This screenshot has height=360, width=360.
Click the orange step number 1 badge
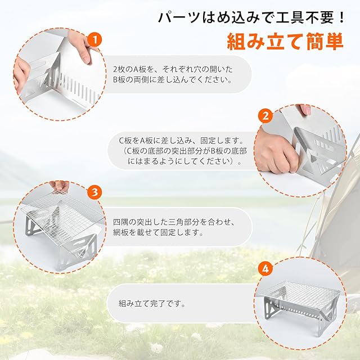point(94,40)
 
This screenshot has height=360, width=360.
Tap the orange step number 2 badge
point(265,116)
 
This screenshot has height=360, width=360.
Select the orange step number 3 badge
point(94,192)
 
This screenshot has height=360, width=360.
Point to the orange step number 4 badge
point(265,269)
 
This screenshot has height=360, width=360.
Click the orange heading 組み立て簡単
point(285,42)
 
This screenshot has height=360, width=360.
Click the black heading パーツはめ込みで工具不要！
point(251,17)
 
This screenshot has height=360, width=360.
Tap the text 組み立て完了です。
point(152,304)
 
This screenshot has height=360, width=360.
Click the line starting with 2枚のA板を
point(173,69)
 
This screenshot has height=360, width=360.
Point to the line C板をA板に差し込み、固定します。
point(182,140)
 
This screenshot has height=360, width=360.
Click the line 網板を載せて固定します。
point(159,232)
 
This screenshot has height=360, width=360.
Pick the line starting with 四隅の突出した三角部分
point(174,222)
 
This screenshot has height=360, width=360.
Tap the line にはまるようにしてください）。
point(185,161)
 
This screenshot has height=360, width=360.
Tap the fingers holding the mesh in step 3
point(59,186)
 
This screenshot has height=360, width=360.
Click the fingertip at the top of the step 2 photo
point(306,110)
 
